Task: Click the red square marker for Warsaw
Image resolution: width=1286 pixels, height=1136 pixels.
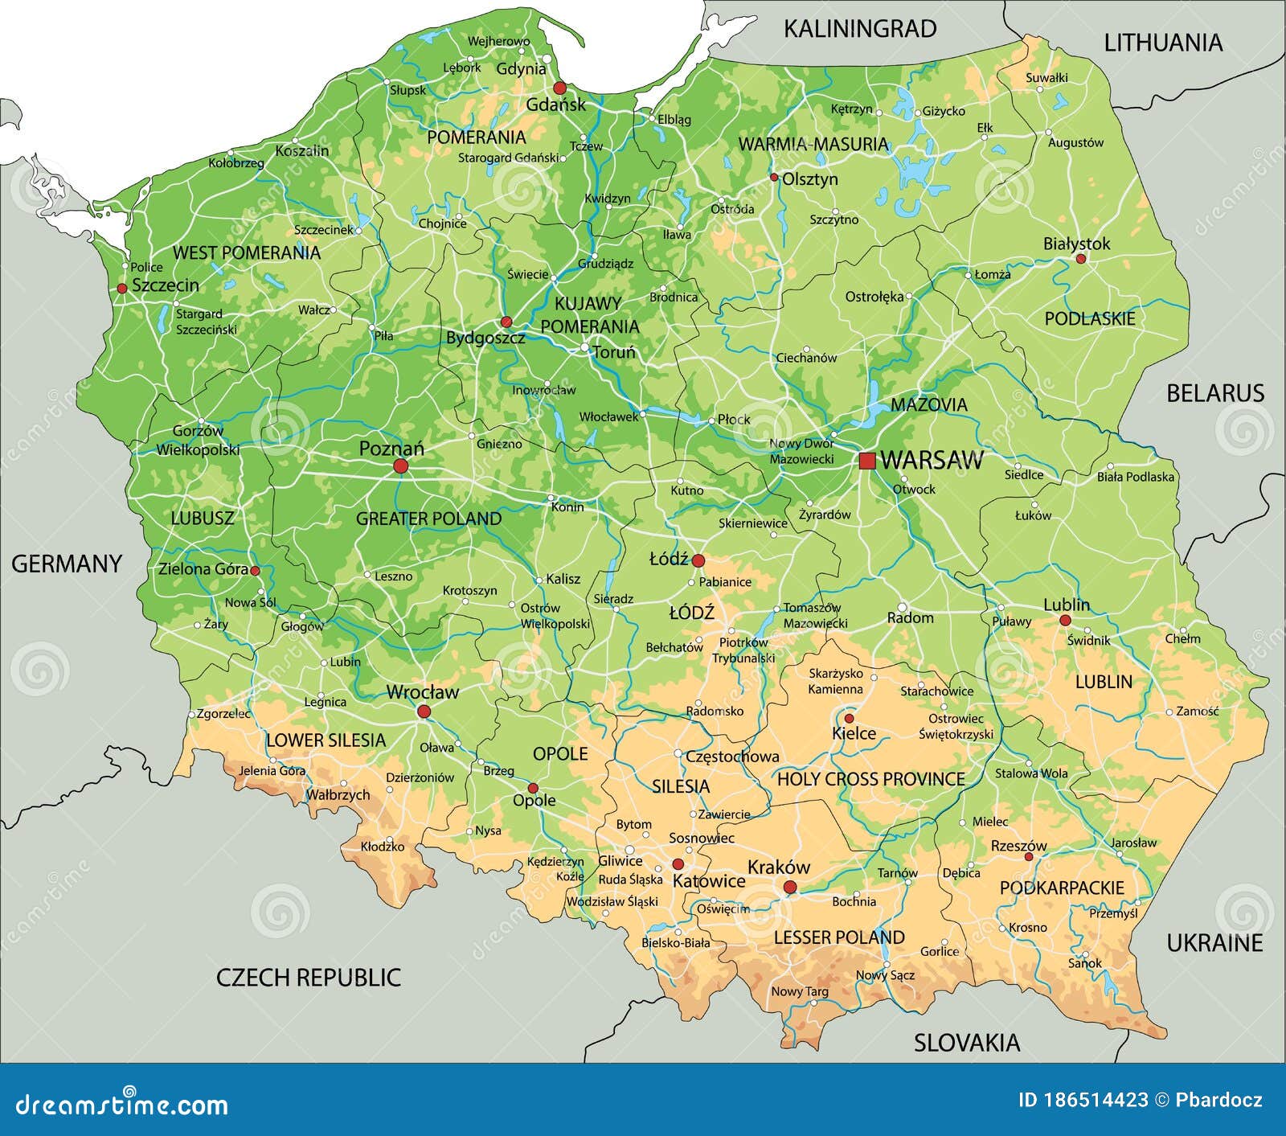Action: coord(867,461)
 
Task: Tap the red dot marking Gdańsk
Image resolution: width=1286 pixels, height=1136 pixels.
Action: coord(559,88)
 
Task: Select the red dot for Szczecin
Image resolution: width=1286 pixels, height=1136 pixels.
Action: coord(122,288)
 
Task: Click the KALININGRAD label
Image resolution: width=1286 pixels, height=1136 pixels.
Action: coord(860,29)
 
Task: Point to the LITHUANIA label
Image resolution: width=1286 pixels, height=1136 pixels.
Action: coord(1162,43)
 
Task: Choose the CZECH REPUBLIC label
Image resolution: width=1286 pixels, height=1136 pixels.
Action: coord(309,977)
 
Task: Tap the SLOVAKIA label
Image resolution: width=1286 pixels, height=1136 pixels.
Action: coord(967,1043)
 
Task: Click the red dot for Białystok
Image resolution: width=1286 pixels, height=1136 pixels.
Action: coord(1080,259)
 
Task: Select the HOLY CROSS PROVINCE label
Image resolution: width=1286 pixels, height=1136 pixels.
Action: coord(870,778)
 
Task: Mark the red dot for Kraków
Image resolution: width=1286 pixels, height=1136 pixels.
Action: coord(790,887)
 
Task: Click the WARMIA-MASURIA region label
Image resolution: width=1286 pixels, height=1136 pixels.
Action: coord(813,144)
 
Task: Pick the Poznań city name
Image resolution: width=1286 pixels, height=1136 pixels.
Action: coord(391,449)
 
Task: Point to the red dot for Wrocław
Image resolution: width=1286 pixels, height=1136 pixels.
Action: coord(424,712)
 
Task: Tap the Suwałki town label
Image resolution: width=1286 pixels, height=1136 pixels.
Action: coord(1046,78)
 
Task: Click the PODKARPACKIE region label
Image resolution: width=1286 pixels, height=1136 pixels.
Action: coord(1062,888)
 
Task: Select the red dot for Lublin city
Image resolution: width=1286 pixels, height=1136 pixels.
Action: coord(1065,620)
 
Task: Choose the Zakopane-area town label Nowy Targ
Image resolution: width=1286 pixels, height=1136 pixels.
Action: coord(800,991)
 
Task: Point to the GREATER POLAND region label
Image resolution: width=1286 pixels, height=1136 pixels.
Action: coord(428,519)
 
